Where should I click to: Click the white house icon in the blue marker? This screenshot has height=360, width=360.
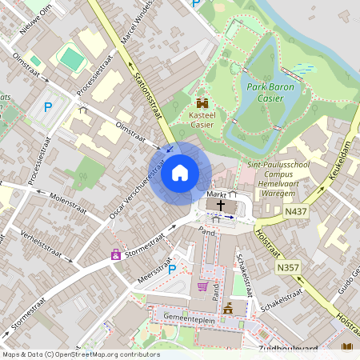point(180,173)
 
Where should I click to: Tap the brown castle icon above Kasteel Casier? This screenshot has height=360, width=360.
point(202,103)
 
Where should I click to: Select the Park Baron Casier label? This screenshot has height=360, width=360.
point(270,92)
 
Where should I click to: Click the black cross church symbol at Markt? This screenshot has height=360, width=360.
point(221,206)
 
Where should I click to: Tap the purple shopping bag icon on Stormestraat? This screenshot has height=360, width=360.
point(116,254)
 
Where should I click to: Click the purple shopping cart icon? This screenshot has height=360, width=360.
point(202,286)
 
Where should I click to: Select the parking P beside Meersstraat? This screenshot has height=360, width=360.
point(171,269)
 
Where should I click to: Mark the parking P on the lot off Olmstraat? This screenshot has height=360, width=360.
point(47,106)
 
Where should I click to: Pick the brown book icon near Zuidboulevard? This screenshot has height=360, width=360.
point(346,348)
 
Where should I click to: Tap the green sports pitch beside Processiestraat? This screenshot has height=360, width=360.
point(71,58)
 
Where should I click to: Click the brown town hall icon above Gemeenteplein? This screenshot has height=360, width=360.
point(229,307)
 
